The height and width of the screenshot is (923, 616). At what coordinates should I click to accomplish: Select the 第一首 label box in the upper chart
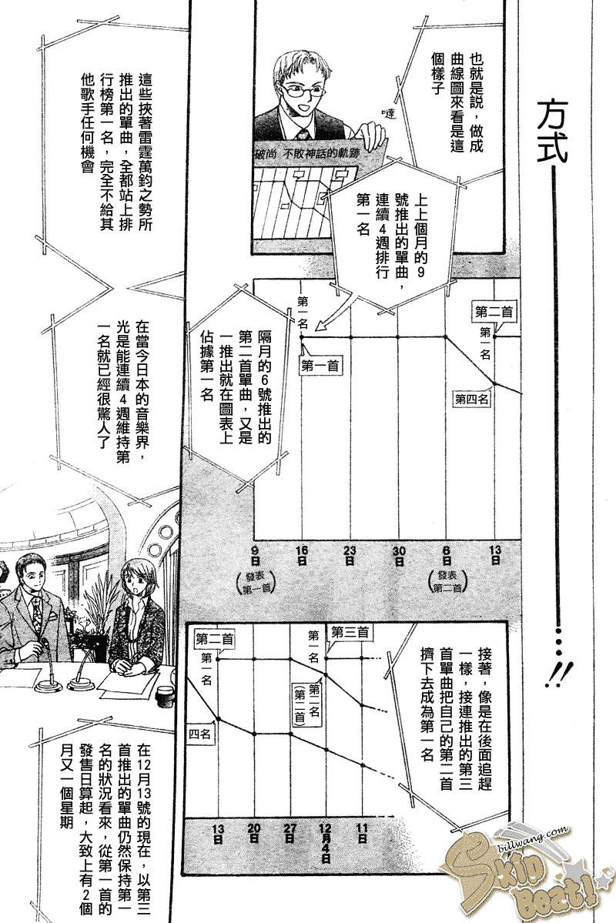(x=322, y=366)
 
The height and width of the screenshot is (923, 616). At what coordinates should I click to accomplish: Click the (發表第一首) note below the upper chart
(x=256, y=583)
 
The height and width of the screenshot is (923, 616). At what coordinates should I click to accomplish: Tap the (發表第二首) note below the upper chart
(x=447, y=583)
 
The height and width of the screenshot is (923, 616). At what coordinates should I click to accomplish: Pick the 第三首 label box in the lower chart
(x=350, y=632)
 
